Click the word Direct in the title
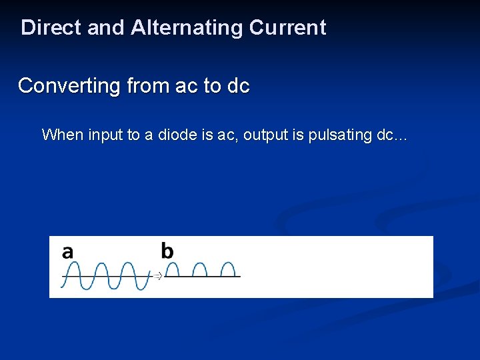click(x=51, y=28)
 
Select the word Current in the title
click(x=287, y=28)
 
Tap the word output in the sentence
click(x=266, y=135)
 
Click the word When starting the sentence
click(x=62, y=135)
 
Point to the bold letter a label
click(x=67, y=252)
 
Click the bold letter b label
click(x=167, y=251)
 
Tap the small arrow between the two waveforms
click(x=158, y=275)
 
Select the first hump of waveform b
click(x=173, y=268)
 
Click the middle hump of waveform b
click(x=200, y=268)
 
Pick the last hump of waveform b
click(x=228, y=268)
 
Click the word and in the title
click(x=106, y=28)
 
